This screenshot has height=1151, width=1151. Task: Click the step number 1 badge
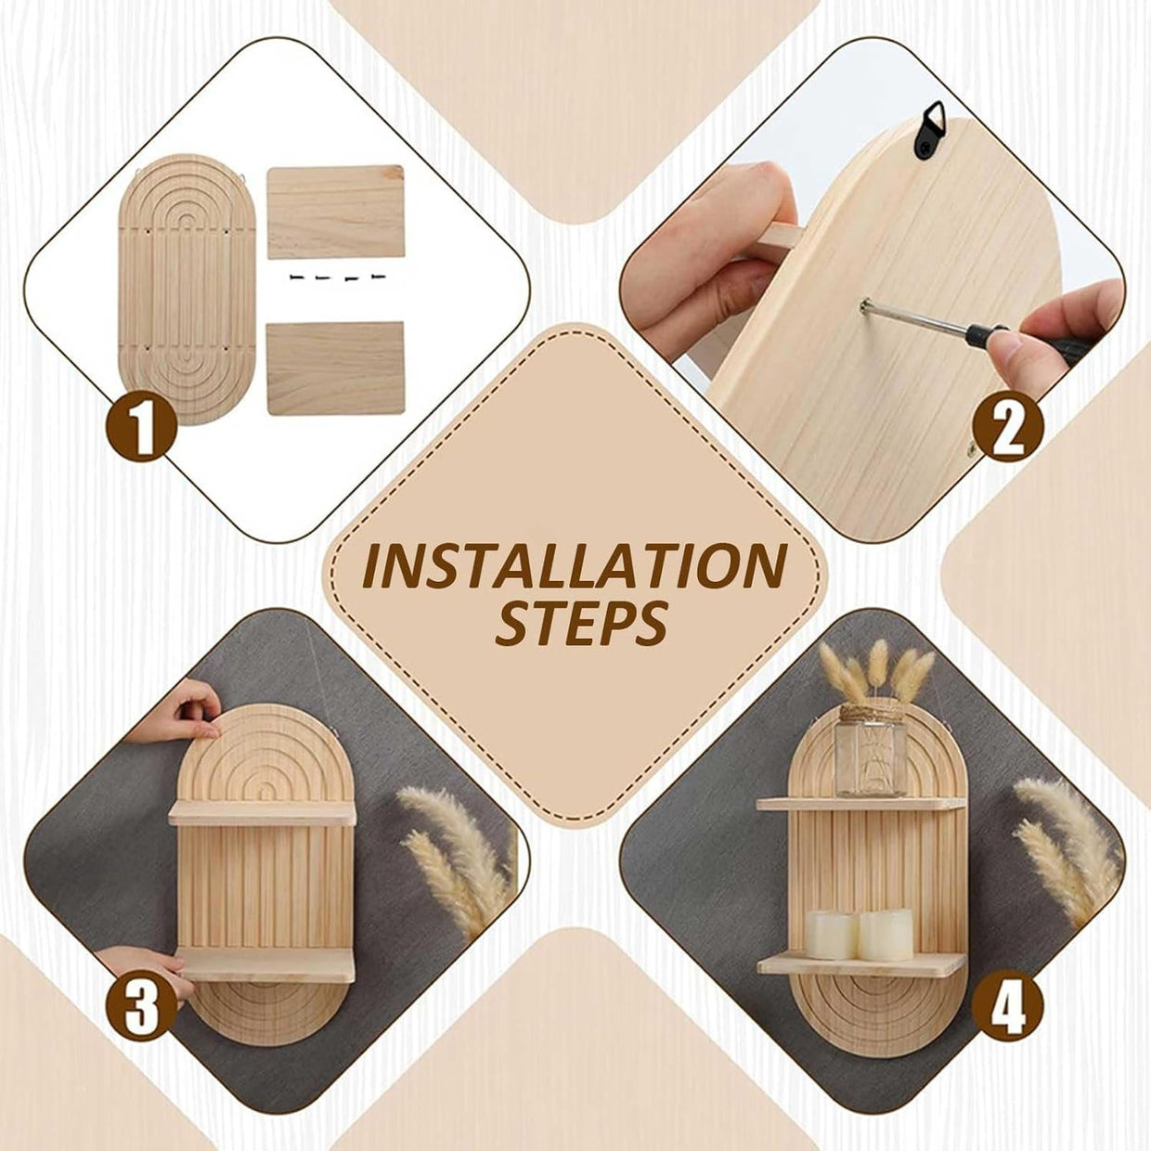pos(142,428)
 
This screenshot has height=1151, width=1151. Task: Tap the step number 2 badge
pos(1008,428)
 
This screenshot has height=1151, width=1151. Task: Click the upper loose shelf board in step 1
pos(336,212)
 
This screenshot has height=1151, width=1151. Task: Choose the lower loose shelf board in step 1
pos(336,368)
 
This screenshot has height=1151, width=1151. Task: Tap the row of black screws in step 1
pos(336,278)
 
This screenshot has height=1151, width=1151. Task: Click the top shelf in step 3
pos(262,813)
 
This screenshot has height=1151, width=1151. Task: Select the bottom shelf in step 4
pos(861,963)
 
